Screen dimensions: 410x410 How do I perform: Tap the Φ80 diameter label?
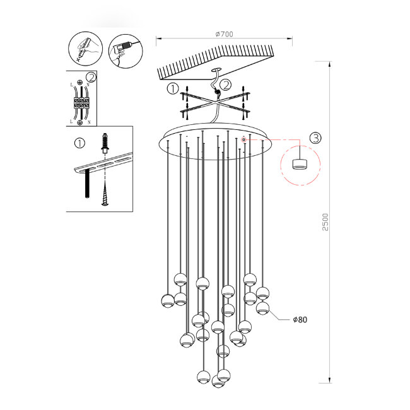300,320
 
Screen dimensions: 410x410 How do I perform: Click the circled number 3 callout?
315,137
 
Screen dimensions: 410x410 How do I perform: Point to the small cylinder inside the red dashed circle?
299,163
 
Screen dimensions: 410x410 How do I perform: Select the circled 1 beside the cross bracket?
172,90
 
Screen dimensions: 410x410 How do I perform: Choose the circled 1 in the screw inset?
79,143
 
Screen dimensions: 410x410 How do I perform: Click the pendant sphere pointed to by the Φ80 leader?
262,308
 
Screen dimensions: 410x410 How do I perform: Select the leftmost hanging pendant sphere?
167,300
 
